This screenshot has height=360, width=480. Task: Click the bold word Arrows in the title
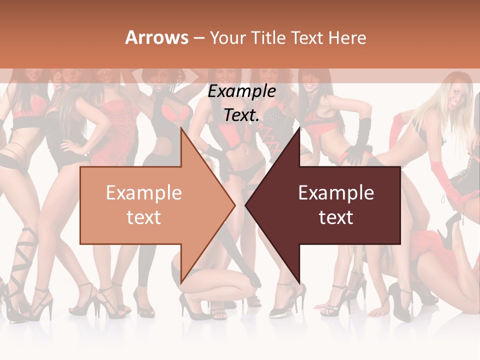click(157, 37)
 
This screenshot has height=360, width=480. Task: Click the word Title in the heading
click(268, 37)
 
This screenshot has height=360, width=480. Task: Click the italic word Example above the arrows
click(241, 91)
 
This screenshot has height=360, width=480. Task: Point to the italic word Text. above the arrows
click(241, 115)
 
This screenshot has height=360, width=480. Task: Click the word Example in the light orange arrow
click(143, 192)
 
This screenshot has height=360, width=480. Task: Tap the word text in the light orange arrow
click(143, 217)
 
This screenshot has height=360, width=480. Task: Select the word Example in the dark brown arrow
click(336, 192)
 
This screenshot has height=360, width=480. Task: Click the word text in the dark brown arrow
click(336, 217)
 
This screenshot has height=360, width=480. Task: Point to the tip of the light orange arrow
click(234, 204)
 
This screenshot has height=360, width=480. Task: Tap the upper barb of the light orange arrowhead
click(181, 129)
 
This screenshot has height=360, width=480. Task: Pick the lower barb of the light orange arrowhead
click(181, 281)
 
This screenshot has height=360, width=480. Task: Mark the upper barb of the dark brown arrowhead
click(299, 129)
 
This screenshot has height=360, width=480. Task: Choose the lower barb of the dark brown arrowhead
click(299, 281)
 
